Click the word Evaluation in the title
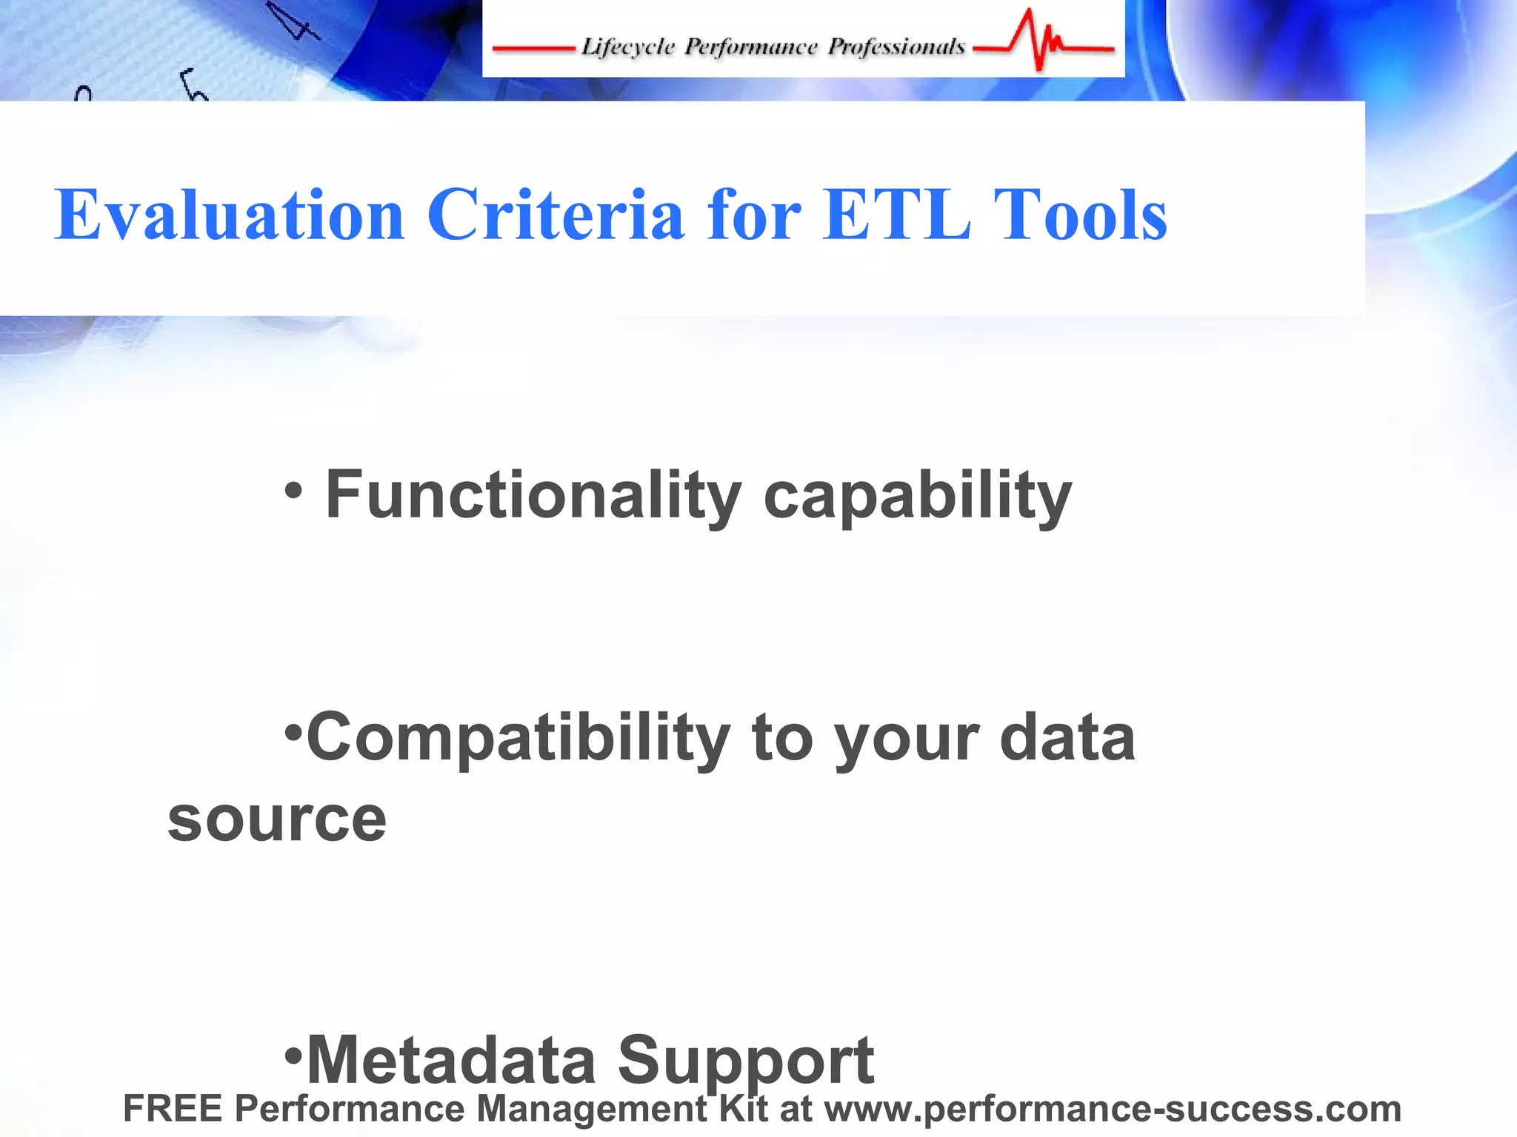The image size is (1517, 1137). tap(229, 215)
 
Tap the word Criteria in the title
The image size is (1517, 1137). tap(555, 215)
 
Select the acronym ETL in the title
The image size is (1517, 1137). tap(897, 215)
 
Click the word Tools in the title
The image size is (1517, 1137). tap(1080, 215)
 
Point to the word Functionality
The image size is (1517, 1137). tap(533, 496)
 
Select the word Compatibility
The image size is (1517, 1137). tap(519, 739)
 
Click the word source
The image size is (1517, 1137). tap(277, 820)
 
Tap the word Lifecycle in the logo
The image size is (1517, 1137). tap(628, 47)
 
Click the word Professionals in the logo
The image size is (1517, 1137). tap(896, 47)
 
